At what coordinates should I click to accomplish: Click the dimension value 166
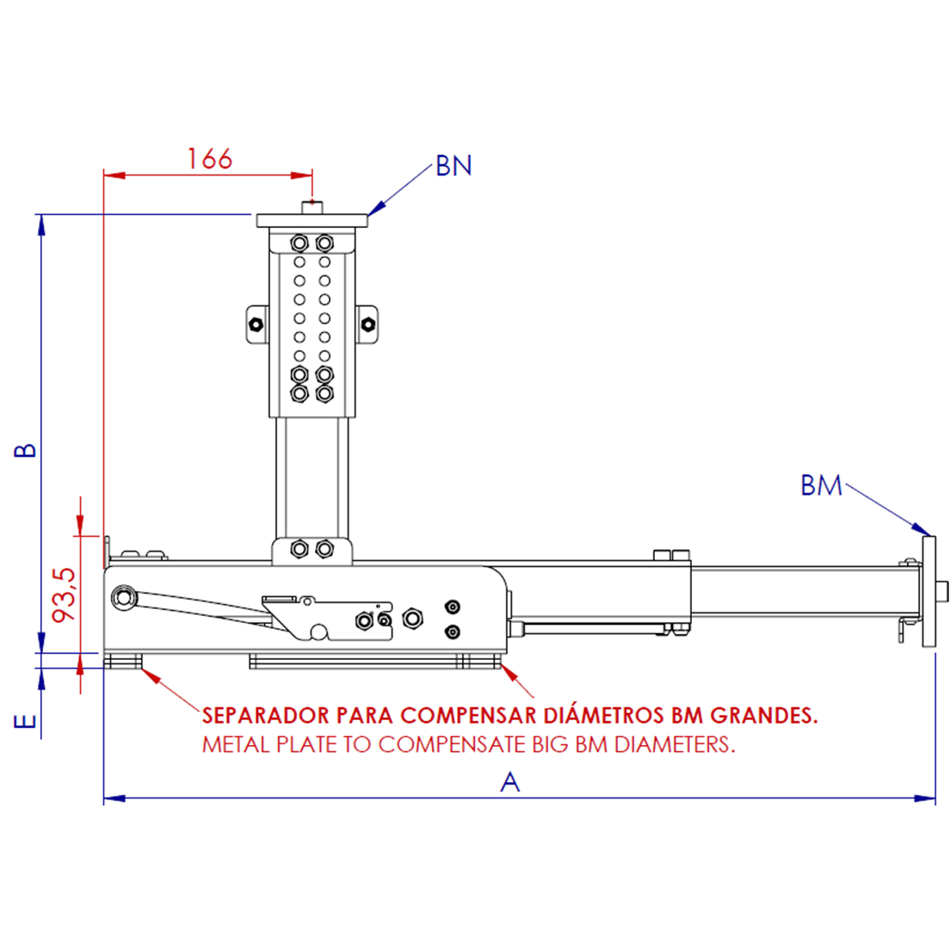coord(210,158)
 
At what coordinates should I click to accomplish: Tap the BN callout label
coord(453,165)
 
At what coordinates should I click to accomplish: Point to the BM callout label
coord(821,485)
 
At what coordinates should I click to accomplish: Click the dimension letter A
coord(510,782)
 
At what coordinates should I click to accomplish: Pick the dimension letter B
coord(27,450)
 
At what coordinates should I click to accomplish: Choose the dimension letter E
coord(27,720)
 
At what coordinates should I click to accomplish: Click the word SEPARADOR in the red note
coord(265,716)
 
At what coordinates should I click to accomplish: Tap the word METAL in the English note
coord(235,745)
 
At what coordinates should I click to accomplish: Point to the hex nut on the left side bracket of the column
coord(256,324)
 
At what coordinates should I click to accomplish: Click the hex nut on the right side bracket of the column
coord(368,324)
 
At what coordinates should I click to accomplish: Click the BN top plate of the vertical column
coord(312,221)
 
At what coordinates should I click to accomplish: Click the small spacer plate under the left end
coord(122,662)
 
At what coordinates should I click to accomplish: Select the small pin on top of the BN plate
coord(312,206)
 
